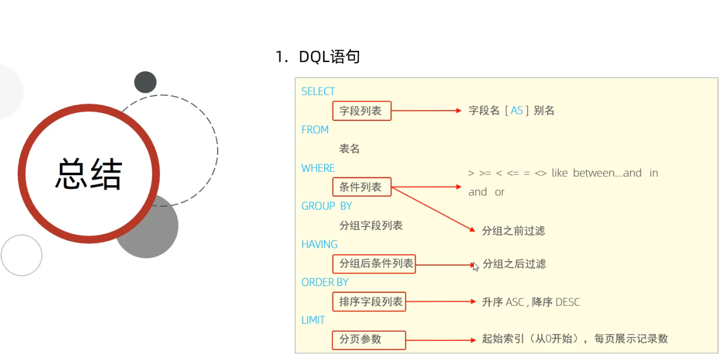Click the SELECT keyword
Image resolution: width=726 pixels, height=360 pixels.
click(318, 92)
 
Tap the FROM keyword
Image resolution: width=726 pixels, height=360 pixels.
click(315, 130)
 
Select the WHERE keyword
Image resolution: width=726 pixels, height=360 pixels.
click(318, 168)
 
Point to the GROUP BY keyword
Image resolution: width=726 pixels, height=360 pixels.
click(326, 206)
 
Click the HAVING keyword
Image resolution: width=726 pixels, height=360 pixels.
click(319, 245)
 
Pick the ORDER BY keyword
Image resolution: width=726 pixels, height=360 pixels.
click(325, 283)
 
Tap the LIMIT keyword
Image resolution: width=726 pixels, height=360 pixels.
click(313, 320)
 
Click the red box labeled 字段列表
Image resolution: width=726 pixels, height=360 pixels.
click(361, 111)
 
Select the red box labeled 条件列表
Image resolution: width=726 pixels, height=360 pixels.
click(361, 187)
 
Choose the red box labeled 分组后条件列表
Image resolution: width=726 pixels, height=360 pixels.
click(374, 263)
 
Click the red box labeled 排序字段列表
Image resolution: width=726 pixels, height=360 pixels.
click(369, 302)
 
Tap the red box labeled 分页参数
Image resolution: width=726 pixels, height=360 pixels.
click(369, 340)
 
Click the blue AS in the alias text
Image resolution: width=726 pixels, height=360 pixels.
click(517, 111)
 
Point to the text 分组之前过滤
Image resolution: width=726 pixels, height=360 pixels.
click(513, 231)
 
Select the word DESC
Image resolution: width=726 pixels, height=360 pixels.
click(568, 302)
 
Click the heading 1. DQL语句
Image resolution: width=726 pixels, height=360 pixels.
click(318, 57)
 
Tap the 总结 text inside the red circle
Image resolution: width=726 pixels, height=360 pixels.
click(89, 173)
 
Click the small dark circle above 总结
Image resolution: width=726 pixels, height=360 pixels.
click(145, 83)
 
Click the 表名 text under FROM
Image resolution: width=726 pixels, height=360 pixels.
click(349, 149)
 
